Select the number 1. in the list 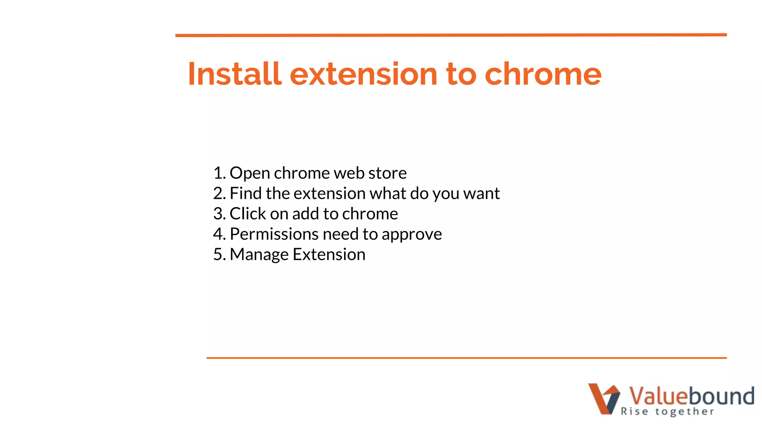[220, 173]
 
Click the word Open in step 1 [250, 173]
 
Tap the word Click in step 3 [248, 214]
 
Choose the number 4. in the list [220, 234]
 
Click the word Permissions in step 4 [274, 234]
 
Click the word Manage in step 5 [259, 255]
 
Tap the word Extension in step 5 [329, 255]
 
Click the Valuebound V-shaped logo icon [604, 398]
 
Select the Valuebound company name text [691, 395]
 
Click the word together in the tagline [685, 411]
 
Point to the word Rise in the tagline [634, 411]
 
